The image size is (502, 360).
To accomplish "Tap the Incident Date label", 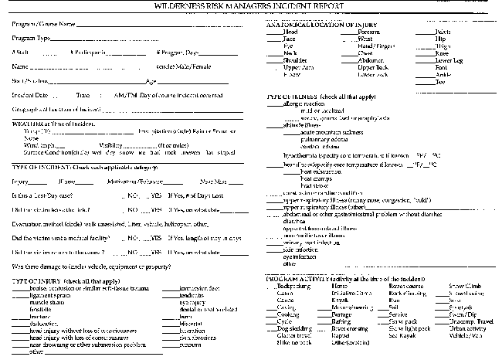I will click(28, 96).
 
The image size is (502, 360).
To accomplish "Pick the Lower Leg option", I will click(449, 60).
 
